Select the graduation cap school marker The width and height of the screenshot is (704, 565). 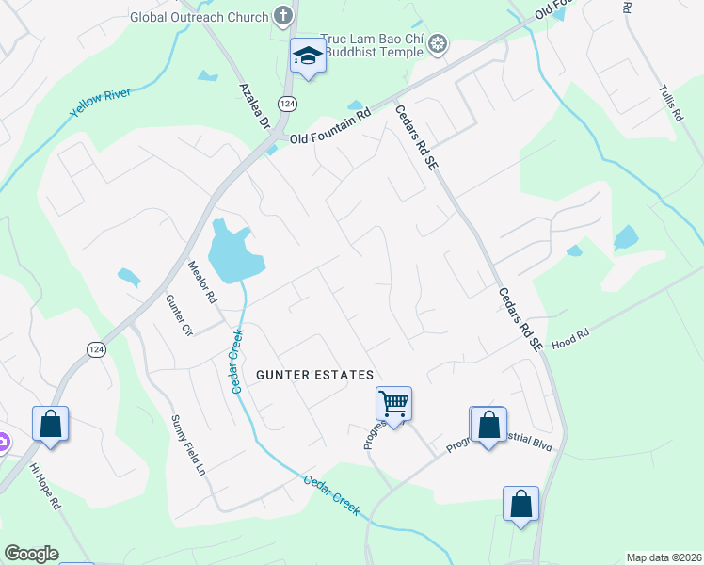pyautogui.click(x=308, y=56)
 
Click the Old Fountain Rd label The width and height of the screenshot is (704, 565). pyautogui.click(x=326, y=138)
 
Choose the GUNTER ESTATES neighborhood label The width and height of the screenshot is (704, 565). pyautogui.click(x=315, y=375)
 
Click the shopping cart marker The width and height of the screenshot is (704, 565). pyautogui.click(x=394, y=404)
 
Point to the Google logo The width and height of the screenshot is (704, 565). pyautogui.click(x=31, y=554)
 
